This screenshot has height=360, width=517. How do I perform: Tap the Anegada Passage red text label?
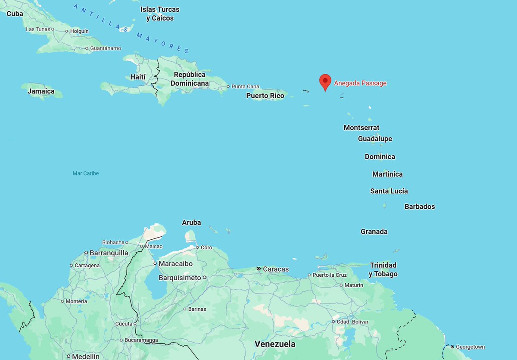coord(360,83)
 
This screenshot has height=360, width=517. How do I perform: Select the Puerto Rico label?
coord(265,96)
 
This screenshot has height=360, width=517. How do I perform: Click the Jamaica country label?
coord(41,91)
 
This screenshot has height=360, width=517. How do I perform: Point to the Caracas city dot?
coord(258,269)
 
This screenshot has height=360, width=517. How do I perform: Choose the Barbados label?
coord(420,207)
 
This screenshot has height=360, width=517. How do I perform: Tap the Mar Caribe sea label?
coord(86,173)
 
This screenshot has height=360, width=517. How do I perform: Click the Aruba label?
coord(191,222)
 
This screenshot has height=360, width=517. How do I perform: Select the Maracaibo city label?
coord(175,263)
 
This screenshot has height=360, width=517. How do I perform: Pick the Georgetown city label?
coord(470,347)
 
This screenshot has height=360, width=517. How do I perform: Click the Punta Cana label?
coord(245,86)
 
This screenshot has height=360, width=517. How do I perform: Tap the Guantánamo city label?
coord(106,48)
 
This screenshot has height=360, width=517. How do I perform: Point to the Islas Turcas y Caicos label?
coord(160,14)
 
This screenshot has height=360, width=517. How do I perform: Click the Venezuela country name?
coord(275,344)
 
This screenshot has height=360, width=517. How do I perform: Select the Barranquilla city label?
coord(109,253)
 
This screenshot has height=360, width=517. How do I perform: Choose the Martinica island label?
coord(387,174)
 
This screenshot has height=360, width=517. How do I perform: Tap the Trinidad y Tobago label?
coord(383,269)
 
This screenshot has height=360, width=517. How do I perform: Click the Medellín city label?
coord(86,357)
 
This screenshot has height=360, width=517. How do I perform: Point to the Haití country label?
coord(137,77)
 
